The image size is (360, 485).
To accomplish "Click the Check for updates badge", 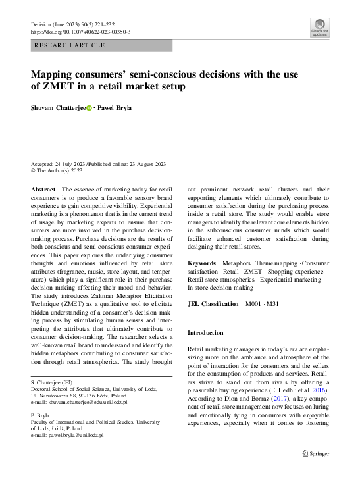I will (320, 28).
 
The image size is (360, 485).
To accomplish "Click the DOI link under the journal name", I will (81, 32).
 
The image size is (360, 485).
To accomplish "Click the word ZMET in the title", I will (58, 86).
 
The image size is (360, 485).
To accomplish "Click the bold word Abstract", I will (43, 189).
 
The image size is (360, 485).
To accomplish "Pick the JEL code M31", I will (272, 304).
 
